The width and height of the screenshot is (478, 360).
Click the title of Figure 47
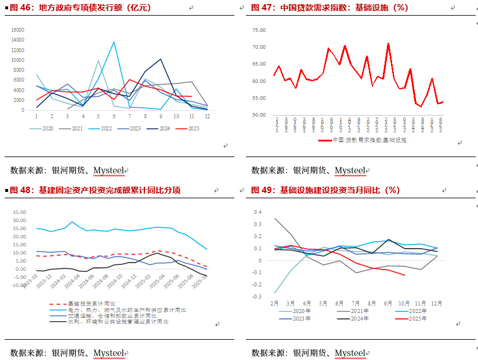(329, 8)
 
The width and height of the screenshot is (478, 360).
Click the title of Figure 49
(325, 190)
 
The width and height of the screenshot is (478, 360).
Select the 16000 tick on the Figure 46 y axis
(18, 30)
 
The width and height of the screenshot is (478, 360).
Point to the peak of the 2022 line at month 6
(114, 42)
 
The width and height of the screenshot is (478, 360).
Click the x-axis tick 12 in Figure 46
(207, 117)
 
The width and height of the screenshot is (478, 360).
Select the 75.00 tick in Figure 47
(258, 29)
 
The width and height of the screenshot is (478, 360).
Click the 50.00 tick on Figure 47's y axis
(258, 115)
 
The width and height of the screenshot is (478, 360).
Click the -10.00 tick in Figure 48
(18, 285)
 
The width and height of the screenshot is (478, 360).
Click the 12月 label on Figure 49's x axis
(437, 303)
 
